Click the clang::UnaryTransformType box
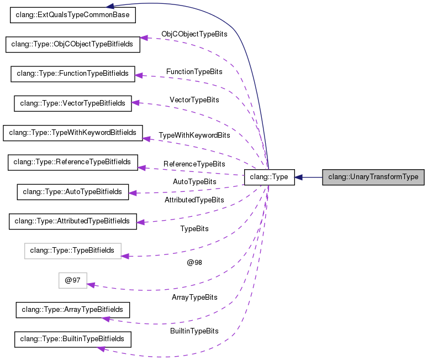[x=373, y=178]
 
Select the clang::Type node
[x=269, y=178]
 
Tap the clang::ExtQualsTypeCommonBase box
[x=73, y=15]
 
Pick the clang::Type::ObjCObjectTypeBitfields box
[x=73, y=44]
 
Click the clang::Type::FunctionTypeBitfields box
[x=73, y=74]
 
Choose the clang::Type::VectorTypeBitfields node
[x=73, y=103]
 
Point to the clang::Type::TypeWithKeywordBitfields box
[x=73, y=133]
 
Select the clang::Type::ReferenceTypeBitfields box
[x=72, y=162]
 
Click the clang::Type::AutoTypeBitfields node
[x=73, y=192]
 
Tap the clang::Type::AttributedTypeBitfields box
[x=72, y=221]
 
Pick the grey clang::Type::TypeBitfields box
[x=72, y=251]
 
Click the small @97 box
[x=73, y=280]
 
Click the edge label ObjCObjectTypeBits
[x=194, y=34]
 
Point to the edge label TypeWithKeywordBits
[x=194, y=135]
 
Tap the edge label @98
[x=194, y=263]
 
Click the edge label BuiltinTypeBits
[x=194, y=331]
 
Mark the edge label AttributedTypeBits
[x=194, y=200]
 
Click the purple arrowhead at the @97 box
[x=91, y=285]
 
